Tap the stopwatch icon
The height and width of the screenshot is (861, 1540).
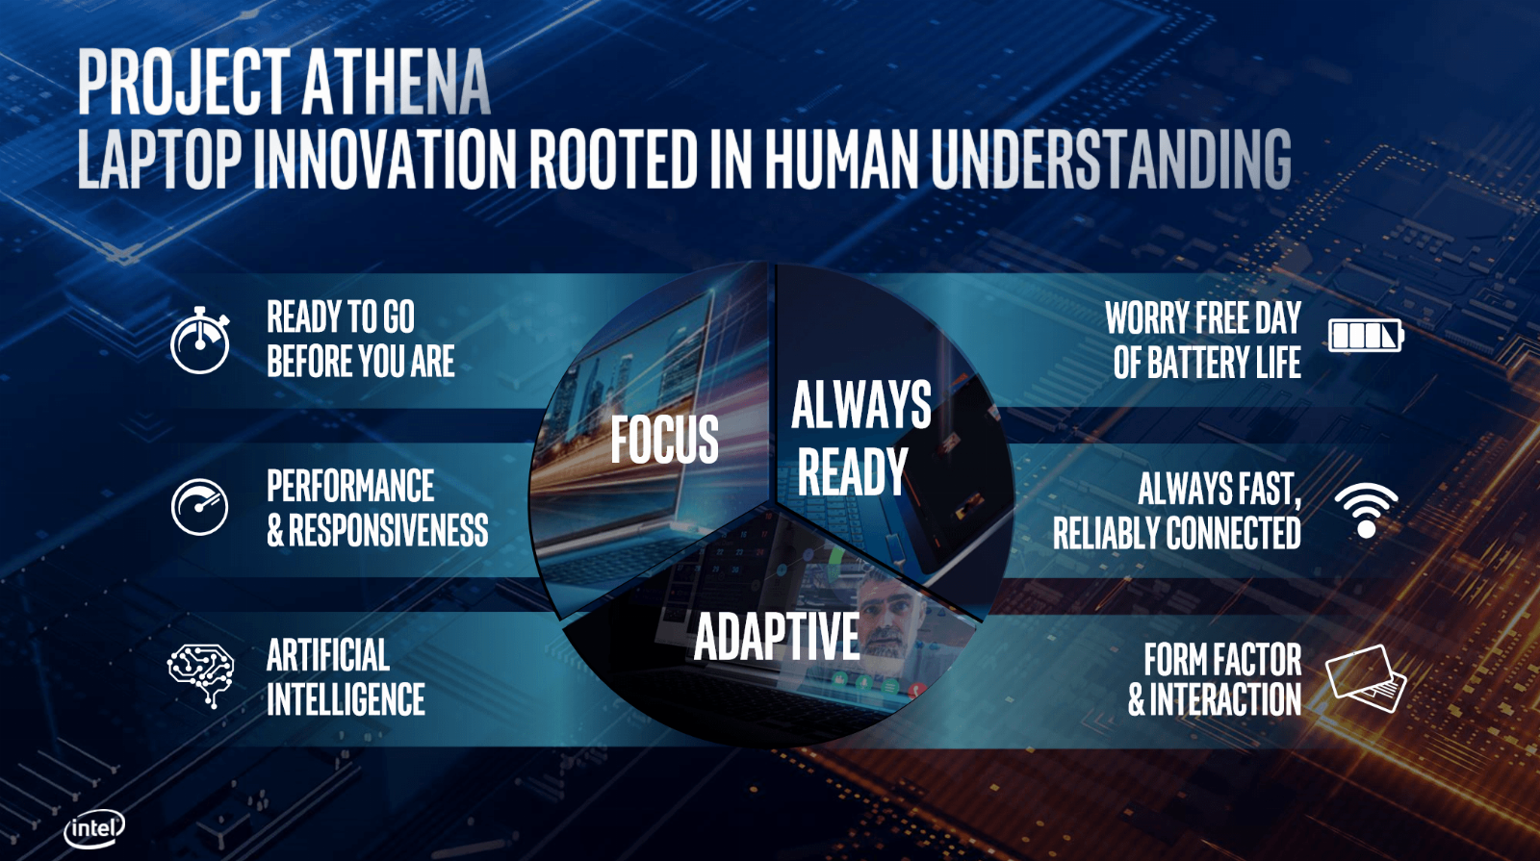coord(200,341)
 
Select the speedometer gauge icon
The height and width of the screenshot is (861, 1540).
coord(199,507)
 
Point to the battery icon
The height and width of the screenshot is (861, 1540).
coord(1366,336)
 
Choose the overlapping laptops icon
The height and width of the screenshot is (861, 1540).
coord(1366,679)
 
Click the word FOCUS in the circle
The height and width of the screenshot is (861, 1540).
coord(664,439)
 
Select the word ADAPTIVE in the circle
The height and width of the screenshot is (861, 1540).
coord(777,636)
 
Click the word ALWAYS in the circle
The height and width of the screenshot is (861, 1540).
coord(861,405)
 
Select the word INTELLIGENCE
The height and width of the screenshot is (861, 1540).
coord(346,698)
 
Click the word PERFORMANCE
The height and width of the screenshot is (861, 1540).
coord(350,486)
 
